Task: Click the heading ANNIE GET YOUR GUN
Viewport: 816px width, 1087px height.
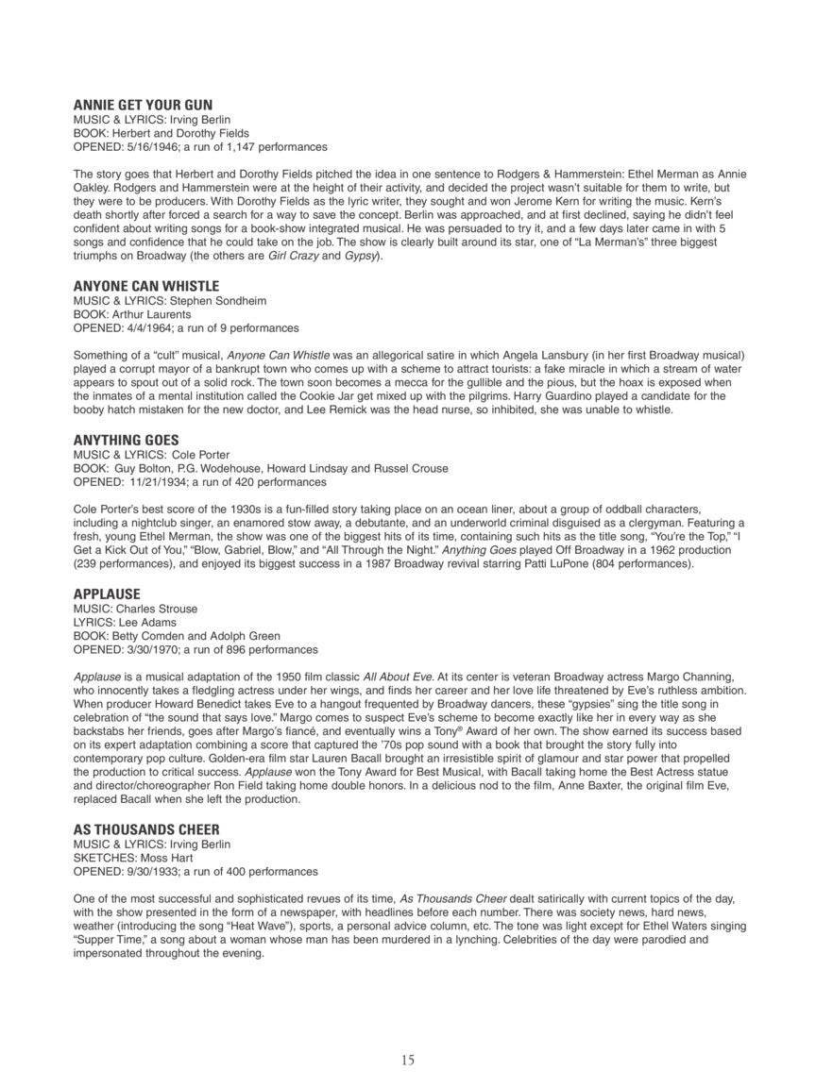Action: coord(143,105)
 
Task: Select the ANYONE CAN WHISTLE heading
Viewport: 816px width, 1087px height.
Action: coord(146,286)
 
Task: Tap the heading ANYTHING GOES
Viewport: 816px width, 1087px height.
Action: coord(126,441)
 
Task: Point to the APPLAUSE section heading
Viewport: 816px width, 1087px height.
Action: coord(107,594)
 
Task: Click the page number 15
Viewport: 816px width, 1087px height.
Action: coord(407,1060)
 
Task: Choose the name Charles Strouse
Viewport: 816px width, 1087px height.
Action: coord(154,609)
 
